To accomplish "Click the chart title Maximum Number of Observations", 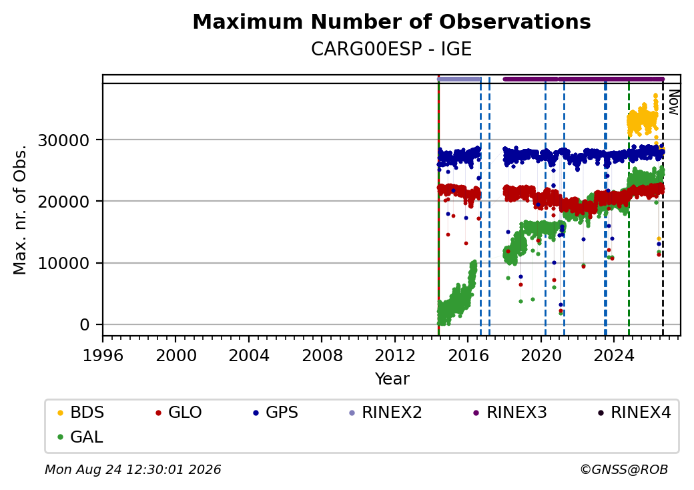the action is [392, 21].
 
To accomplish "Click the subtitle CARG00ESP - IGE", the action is [391, 49].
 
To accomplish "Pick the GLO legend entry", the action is [179, 413].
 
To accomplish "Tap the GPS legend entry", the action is [276, 413].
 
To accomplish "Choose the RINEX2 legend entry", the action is [386, 413].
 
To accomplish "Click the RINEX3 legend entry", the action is [510, 413].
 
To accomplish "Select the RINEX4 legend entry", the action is [635, 413].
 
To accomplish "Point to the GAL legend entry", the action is [81, 437].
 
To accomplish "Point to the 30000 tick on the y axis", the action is [64, 141].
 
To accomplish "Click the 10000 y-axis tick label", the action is [64, 264].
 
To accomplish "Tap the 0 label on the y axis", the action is [85, 325].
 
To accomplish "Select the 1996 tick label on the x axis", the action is [103, 355].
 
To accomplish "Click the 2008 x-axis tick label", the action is [322, 355].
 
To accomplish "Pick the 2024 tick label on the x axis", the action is [613, 355].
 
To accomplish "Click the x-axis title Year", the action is [392, 379].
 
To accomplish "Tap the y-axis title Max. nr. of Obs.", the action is [20, 210].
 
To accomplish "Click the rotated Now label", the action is [674, 102].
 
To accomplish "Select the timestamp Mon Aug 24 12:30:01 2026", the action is [133, 469].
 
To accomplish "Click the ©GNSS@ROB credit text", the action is [624, 469].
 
